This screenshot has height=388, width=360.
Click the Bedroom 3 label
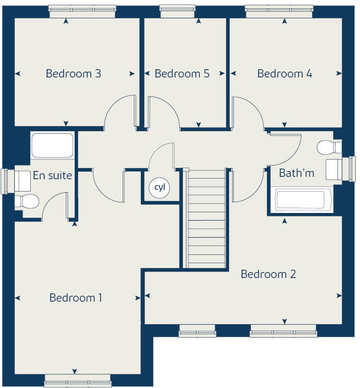pos(73,74)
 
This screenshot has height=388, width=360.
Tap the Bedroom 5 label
pos(182,74)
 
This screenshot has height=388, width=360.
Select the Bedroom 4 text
pos(285,74)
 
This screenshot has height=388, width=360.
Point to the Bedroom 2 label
pos(268,274)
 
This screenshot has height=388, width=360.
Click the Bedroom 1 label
pos(76,298)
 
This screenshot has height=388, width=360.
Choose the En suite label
pos(53,175)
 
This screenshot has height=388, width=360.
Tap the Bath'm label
pos(297,173)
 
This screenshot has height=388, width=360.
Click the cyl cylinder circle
pos(159,187)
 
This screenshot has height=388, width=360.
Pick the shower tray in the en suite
pos(52,145)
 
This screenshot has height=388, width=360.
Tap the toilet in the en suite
pos(27,202)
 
